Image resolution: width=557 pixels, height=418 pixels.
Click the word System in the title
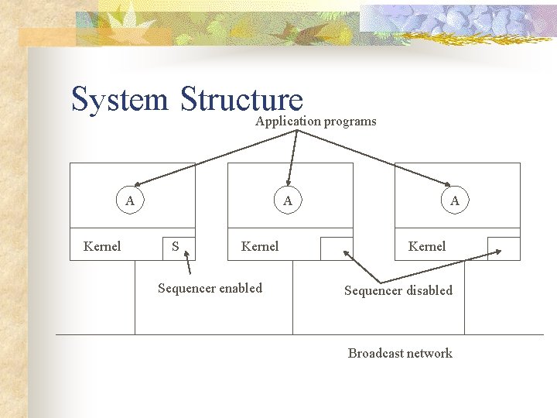tap(119, 100)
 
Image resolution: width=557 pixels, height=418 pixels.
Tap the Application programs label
tap(316, 121)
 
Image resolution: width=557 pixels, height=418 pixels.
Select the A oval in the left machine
tap(130, 200)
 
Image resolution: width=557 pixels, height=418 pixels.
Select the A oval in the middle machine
tap(288, 200)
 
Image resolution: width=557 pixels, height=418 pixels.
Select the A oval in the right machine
tap(455, 200)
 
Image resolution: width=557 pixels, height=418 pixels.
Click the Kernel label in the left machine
tap(102, 246)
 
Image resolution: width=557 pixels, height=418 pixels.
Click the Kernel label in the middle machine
tap(260, 246)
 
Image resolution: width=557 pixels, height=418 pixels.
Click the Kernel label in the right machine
tap(427, 246)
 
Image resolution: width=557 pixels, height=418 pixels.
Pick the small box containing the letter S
tap(179, 247)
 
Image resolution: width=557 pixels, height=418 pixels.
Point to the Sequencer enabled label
tap(210, 288)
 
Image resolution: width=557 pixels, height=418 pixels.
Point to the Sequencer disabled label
tap(398, 290)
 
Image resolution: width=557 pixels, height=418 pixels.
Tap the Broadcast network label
tap(400, 353)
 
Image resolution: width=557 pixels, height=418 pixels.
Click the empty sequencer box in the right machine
tap(504, 247)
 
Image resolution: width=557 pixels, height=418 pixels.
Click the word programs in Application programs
tap(350, 121)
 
